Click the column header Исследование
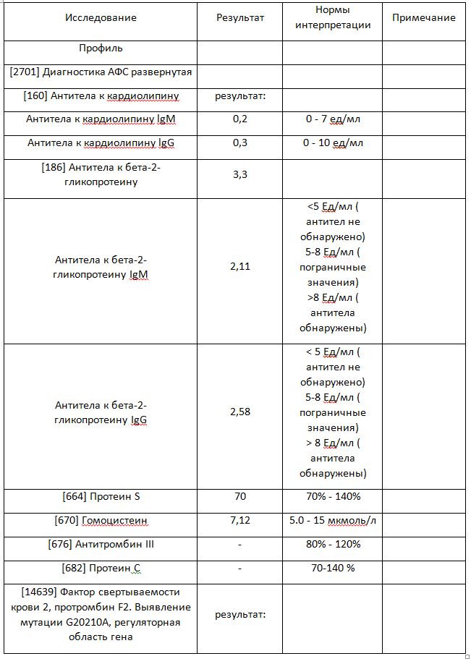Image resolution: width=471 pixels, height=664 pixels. pos(101,17)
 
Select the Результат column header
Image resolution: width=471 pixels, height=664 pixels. pos(240,17)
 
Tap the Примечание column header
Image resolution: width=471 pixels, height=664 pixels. pos(424,17)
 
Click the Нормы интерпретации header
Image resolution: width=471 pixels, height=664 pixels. pos(334,17)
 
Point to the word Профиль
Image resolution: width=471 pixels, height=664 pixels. pos(101,48)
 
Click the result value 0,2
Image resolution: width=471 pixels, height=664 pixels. pos(240,119)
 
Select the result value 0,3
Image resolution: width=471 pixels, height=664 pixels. pos(240,143)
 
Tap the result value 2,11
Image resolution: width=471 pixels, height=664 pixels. pos(240,267)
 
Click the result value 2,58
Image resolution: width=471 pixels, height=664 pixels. pos(240,412)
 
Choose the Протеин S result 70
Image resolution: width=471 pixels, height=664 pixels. pos(240,496)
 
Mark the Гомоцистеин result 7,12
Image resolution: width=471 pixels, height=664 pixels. pos(240,520)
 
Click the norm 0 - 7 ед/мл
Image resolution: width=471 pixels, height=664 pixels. pos(334,119)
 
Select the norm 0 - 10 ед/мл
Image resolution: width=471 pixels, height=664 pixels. pos(334,143)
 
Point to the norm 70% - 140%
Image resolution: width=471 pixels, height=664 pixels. pos(334,496)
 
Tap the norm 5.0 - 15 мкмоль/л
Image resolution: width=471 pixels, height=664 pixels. pos(334,520)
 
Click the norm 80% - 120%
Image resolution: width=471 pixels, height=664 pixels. pos(334,544)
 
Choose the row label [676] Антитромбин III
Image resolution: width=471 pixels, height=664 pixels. pos(101,544)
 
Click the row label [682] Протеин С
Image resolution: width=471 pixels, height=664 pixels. pos(101,568)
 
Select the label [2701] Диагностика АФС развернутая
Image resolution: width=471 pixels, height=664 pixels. pos(101,72)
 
